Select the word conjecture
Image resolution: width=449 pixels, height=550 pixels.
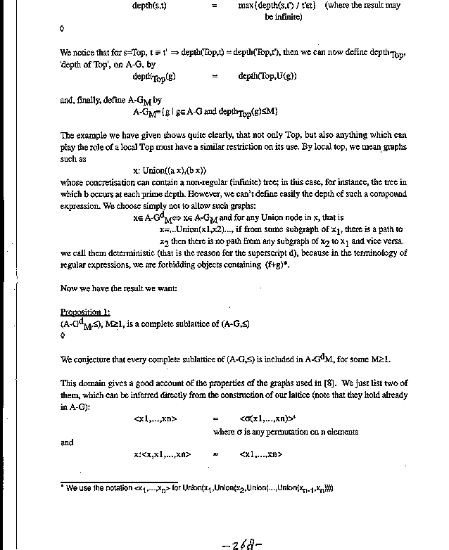[96, 359]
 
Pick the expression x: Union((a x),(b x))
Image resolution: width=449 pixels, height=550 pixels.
[170, 170]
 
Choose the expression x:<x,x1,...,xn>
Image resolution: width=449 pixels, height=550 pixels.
[162, 454]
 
